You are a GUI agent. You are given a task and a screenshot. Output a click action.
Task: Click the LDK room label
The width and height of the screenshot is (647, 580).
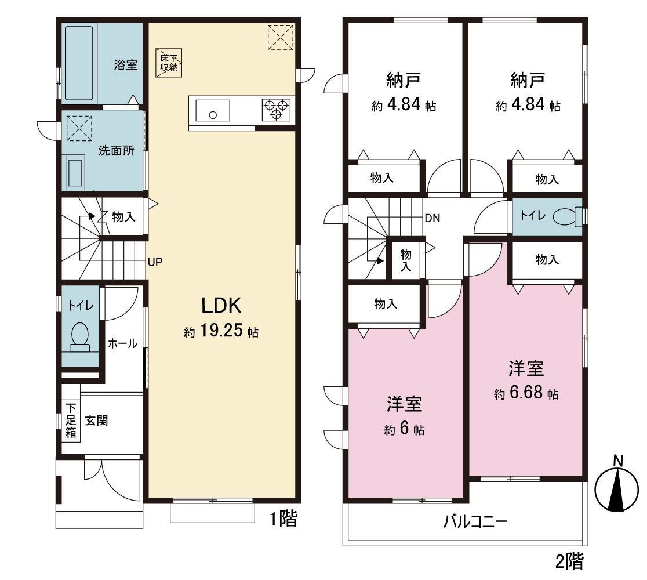[221, 306]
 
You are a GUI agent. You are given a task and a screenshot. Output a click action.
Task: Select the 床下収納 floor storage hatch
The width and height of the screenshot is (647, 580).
[169, 63]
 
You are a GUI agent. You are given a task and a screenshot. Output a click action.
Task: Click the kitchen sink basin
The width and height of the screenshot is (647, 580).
[213, 110]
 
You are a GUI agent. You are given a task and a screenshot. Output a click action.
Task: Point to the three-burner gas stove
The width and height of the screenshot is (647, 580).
[276, 110]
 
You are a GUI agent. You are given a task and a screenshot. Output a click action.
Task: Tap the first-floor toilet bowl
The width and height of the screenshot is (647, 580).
[80, 336]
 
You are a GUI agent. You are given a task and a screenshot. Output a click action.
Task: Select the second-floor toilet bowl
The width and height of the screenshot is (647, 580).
[566, 216]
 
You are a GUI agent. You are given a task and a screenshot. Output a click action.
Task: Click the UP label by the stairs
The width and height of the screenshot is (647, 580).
[155, 262]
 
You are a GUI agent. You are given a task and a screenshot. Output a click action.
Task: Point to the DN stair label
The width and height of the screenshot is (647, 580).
[432, 218]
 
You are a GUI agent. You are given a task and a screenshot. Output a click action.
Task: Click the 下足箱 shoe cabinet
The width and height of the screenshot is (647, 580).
[71, 420]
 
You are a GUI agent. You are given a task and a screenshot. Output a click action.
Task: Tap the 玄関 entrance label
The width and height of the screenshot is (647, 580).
[97, 420]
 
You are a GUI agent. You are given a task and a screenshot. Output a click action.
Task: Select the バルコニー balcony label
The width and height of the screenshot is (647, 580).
[475, 522]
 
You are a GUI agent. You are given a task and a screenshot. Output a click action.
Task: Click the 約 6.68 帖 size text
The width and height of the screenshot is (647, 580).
[526, 393]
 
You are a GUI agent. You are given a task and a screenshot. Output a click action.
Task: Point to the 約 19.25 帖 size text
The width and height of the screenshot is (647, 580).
[221, 331]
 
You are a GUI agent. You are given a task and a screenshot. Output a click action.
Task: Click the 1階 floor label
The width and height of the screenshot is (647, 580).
[283, 519]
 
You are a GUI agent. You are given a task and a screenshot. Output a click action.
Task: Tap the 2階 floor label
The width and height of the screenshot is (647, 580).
[569, 561]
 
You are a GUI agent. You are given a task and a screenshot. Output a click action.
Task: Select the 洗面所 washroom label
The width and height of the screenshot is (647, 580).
[117, 151]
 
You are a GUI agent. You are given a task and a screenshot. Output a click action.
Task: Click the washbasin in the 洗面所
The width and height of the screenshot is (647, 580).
[75, 173]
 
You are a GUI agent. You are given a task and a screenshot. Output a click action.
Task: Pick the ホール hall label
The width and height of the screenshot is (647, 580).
[122, 343]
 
